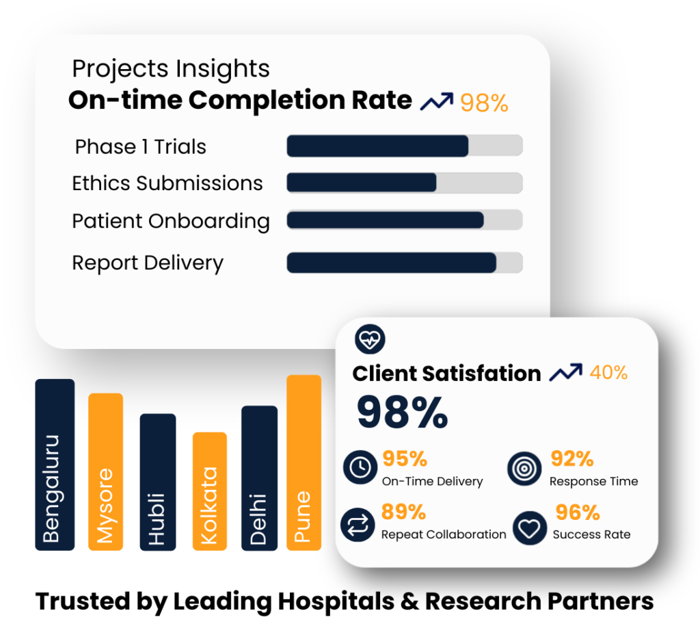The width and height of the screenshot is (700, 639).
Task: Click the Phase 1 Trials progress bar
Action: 404,146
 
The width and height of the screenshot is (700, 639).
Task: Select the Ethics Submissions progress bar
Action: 404,183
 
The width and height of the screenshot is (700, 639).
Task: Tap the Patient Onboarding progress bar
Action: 404,220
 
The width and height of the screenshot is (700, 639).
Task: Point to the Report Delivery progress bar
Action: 404,263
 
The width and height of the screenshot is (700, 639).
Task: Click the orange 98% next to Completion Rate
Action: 484,103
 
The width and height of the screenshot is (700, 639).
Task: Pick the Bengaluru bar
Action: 55,465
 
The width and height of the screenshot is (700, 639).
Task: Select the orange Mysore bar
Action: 105,472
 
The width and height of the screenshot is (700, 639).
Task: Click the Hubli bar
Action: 157,482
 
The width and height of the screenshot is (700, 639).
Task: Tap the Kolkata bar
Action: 209,491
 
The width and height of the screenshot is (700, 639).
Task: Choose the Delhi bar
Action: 259,478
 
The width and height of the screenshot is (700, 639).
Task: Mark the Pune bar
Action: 304,462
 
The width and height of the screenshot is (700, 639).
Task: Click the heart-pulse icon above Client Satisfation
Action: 371,339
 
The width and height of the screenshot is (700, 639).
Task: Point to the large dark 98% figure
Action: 402,412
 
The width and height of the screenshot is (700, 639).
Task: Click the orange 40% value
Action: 608,372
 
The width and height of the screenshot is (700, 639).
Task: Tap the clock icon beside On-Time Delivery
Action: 360,467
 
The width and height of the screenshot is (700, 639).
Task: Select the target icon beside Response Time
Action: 525,468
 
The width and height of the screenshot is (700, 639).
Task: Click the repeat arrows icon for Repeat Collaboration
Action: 358,525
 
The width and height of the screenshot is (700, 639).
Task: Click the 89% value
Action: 404,512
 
